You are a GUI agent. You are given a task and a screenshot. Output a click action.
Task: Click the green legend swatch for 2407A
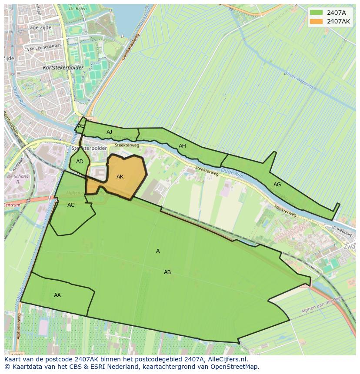tap(316, 12)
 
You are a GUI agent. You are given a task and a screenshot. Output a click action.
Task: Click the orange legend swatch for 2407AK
tap(316, 21)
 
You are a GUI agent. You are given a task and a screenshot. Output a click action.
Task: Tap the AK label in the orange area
tap(120, 177)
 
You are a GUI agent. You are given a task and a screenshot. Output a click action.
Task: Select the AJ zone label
tap(110, 132)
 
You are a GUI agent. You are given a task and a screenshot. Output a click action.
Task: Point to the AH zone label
tap(182, 146)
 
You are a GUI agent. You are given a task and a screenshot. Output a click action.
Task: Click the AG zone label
tap(277, 185)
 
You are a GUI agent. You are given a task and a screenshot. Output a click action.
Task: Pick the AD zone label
tap(80, 162)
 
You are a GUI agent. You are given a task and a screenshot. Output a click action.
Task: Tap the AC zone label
tap(71, 205)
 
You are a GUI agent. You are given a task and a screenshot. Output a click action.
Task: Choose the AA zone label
tap(57, 295)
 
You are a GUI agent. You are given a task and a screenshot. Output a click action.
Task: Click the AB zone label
tap(167, 272)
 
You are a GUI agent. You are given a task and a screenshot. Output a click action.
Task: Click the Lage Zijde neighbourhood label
tap(39, 27)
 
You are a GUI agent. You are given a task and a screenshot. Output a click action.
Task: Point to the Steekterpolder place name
tap(89, 148)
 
